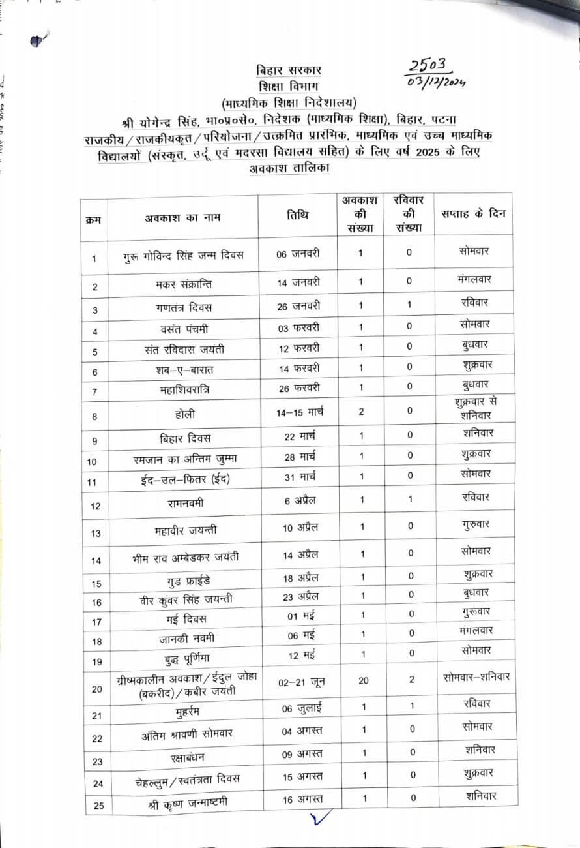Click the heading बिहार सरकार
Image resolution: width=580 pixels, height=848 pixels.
289,70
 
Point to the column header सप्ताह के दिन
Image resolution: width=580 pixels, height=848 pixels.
472,213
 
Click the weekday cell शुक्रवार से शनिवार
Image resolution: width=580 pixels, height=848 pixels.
474,408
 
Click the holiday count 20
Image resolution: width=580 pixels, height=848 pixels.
363,680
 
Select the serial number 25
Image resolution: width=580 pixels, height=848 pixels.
98,805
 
